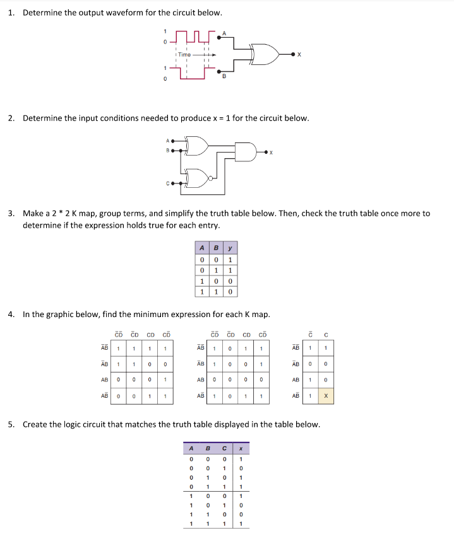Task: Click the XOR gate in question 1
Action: coord(265,55)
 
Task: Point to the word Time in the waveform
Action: coord(184,55)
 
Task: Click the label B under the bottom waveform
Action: coord(223,77)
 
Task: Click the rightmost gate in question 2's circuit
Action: coord(246,152)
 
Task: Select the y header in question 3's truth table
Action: coord(230,248)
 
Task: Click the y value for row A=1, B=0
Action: coord(230,281)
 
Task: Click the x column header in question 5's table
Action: coord(241,449)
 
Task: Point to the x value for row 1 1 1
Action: coord(241,523)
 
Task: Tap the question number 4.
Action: coord(11,313)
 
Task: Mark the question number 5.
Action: coord(11,424)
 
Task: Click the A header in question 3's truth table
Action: coord(201,248)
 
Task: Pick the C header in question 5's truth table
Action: coord(224,449)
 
